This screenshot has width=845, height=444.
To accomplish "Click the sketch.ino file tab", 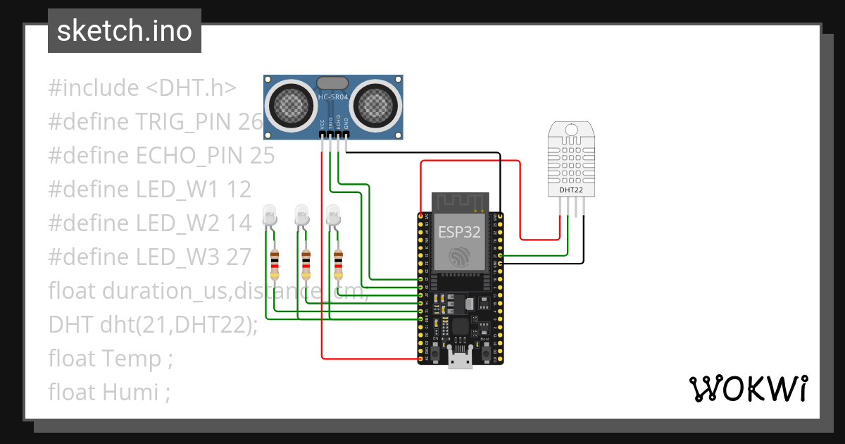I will coord(124,31).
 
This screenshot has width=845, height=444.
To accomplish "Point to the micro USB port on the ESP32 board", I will coord(461,360).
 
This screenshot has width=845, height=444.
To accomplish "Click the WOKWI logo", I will coord(747,388).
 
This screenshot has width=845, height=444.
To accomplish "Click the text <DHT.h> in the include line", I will coord(191,88).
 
